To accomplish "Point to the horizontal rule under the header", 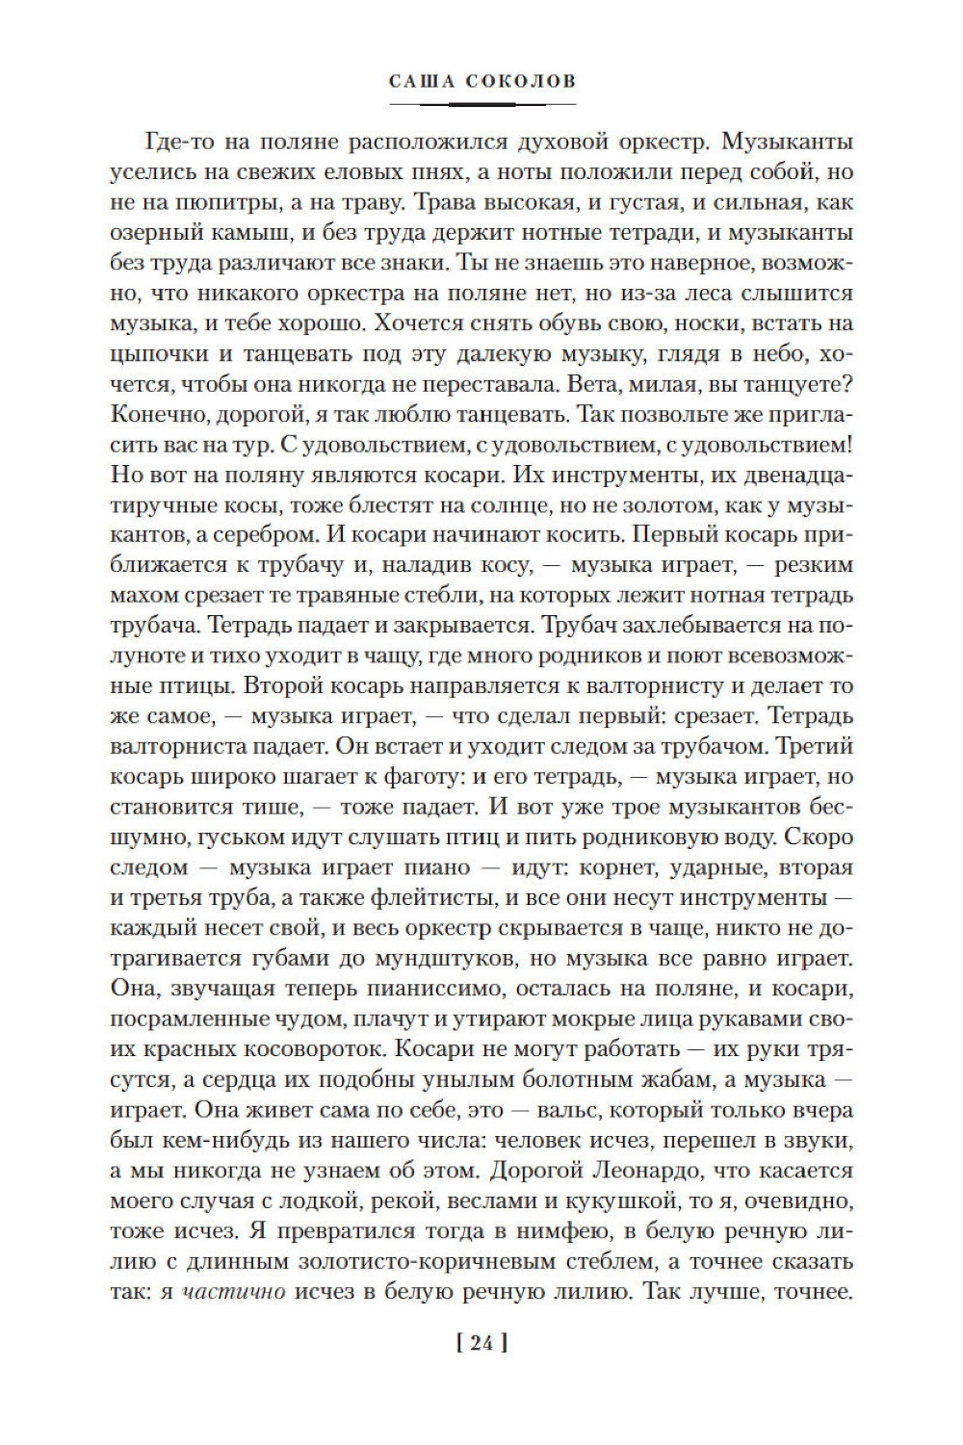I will coord(481,102).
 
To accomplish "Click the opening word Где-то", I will coord(179,142).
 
